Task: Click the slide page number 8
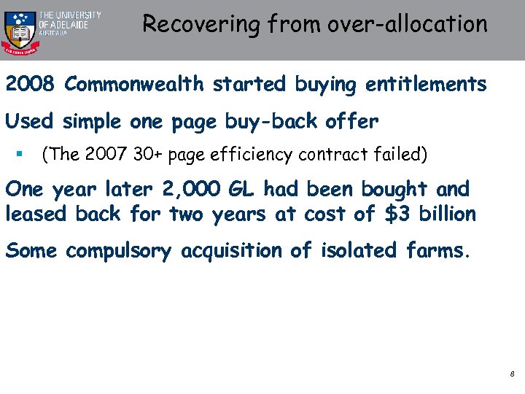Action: (x=512, y=374)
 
